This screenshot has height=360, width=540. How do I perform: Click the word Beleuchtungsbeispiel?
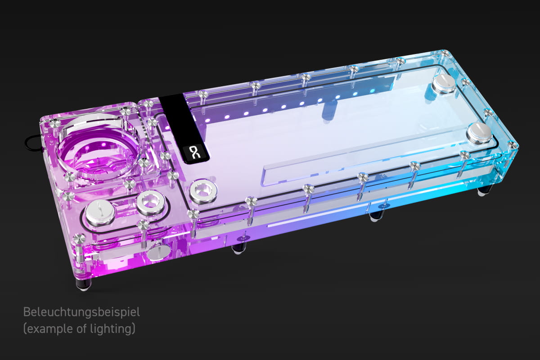(x=81, y=312)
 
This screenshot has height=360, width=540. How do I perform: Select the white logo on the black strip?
(x=195, y=152)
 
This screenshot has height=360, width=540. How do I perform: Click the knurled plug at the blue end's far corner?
(x=444, y=84)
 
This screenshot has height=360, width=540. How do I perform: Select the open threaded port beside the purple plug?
(x=151, y=202)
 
